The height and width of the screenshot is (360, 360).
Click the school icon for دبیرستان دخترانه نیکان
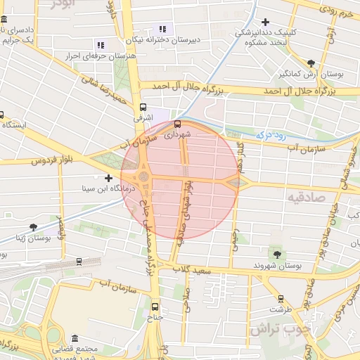[x=163, y=29]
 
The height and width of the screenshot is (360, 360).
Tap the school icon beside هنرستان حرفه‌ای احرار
[x=99, y=44]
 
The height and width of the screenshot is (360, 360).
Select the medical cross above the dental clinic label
[x=265, y=22]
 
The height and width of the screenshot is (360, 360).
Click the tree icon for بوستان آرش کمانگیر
[x=311, y=63]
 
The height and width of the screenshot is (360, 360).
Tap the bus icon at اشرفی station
[x=143, y=108]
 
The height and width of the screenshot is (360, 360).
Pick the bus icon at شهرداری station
[x=177, y=126]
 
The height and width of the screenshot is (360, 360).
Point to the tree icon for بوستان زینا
[x=33, y=226]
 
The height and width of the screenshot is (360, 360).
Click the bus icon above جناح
[x=155, y=306]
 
